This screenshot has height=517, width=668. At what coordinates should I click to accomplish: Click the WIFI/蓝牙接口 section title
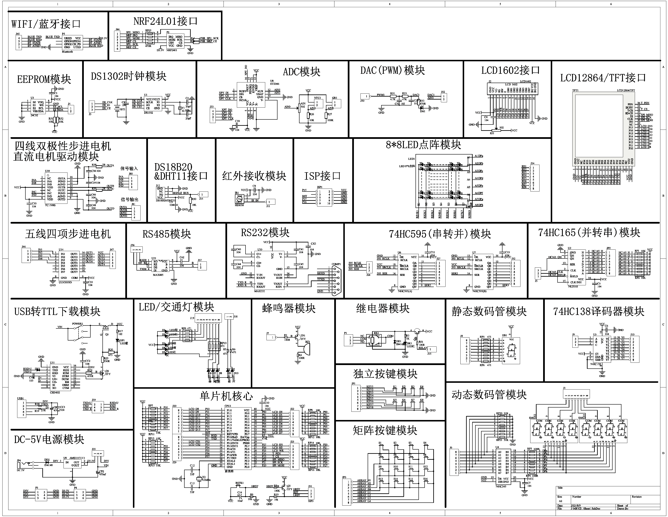click(x=46, y=24)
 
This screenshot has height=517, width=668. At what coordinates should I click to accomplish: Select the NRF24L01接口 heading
click(x=166, y=21)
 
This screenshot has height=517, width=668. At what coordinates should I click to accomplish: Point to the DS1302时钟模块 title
click(x=128, y=76)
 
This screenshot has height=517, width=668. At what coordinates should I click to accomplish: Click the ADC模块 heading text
click(x=302, y=72)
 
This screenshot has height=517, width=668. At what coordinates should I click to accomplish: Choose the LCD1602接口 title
click(x=511, y=70)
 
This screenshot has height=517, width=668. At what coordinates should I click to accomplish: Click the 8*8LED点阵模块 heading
click(x=423, y=145)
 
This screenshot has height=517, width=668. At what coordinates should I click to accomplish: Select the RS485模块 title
click(x=167, y=234)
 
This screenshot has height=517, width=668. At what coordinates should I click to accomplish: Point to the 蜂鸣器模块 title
click(x=289, y=308)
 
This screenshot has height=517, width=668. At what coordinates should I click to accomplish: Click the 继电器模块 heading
click(x=383, y=308)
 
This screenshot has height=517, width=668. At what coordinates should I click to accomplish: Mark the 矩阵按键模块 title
click(x=385, y=431)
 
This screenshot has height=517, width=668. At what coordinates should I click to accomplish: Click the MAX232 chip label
click(x=260, y=291)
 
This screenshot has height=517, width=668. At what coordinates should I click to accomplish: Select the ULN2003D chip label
click(x=65, y=282)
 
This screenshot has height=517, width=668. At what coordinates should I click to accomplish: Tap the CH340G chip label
click(x=55, y=393)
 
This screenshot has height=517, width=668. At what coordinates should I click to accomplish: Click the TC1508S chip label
click(x=50, y=205)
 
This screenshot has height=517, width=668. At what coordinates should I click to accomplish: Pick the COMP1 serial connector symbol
click(x=335, y=279)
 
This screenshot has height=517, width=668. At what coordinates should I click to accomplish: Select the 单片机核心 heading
click(x=226, y=396)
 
